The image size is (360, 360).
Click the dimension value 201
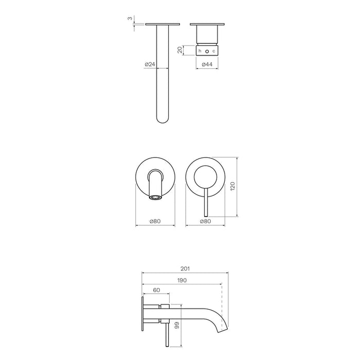coord(186,268)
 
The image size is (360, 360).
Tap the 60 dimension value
coord(156,290)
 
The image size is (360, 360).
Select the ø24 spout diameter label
coord(150,64)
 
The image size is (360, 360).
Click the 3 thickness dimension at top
coord(131,19)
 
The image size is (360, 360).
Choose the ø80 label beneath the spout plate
coord(155,221)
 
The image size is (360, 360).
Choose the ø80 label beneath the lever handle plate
coord(206,221)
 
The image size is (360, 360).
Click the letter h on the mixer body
coord(200,51)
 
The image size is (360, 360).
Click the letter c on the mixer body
coord(213,51)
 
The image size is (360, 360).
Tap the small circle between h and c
coord(207,51)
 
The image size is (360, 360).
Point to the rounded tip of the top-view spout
coord(163,120)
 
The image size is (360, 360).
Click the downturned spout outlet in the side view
coord(222,327)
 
